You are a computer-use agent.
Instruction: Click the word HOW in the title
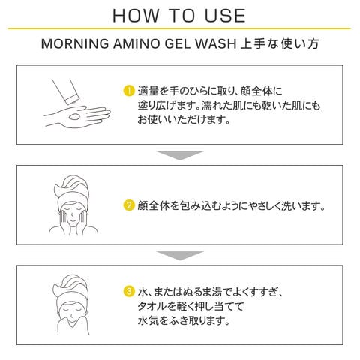(x=136, y=16)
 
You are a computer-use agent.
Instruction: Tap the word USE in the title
(x=225, y=16)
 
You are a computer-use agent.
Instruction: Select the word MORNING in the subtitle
(x=75, y=43)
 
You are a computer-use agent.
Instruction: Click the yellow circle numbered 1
(x=129, y=91)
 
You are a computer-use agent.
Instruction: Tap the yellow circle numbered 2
(x=129, y=205)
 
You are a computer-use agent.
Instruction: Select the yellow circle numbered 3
(x=129, y=292)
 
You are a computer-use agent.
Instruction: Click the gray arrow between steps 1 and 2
(x=180, y=155)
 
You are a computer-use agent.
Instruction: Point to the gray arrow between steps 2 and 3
(x=180, y=256)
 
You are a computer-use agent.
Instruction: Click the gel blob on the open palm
(x=74, y=117)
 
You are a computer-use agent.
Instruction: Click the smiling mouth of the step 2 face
(x=73, y=221)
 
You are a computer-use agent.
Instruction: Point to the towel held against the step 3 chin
(x=73, y=325)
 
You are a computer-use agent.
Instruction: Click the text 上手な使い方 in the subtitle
(x=280, y=43)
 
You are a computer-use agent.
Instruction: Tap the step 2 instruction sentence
(x=231, y=206)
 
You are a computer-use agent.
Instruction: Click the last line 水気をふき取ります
(x=183, y=321)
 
